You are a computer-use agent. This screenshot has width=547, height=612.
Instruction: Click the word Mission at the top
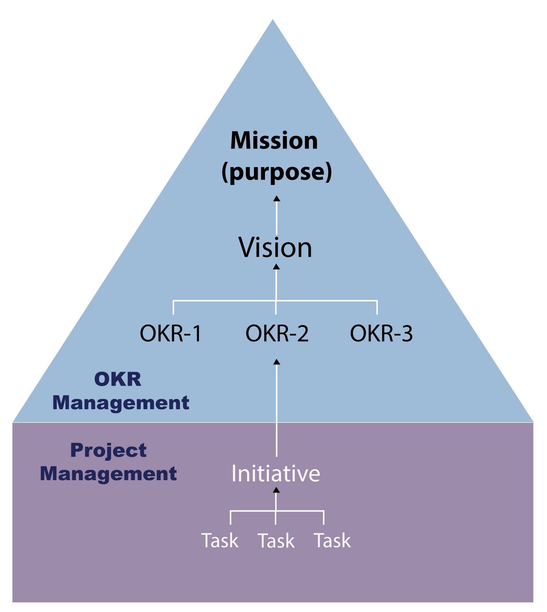(274, 141)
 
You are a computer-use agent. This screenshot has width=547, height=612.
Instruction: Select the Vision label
(275, 247)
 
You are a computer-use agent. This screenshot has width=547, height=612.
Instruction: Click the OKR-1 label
(171, 333)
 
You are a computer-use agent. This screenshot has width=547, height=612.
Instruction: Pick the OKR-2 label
(277, 333)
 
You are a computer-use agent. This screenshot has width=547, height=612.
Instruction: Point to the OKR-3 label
(381, 333)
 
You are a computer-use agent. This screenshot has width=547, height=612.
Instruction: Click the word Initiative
(276, 474)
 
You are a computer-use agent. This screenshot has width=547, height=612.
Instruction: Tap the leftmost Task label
(220, 541)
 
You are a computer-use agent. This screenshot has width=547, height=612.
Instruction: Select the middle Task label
(276, 541)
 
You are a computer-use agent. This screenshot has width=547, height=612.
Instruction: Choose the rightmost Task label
(332, 541)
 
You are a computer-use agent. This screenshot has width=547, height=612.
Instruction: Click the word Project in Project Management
(108, 450)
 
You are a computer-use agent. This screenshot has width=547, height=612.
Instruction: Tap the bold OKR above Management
(118, 379)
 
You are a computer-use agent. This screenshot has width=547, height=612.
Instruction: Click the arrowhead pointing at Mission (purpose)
(277, 199)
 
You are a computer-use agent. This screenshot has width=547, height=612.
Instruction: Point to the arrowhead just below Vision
(277, 267)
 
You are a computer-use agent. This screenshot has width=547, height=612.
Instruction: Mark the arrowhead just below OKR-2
(277, 362)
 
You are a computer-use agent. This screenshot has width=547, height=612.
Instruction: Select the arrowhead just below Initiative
(276, 490)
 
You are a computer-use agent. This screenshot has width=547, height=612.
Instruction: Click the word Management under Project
(108, 474)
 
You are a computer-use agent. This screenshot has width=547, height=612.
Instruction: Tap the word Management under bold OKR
(121, 403)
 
